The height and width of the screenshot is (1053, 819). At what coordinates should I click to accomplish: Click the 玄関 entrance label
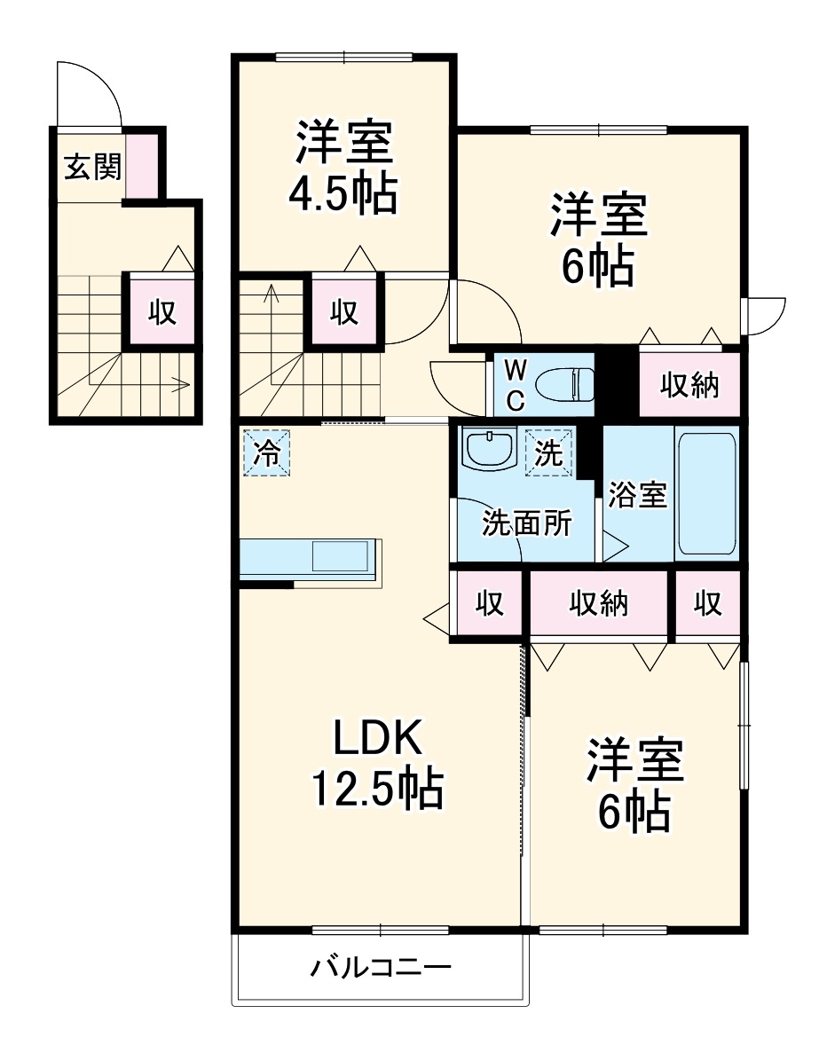click(91, 168)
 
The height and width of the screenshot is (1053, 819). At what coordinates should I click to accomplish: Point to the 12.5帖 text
click(375, 788)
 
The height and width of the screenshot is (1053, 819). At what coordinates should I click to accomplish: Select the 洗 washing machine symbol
click(548, 452)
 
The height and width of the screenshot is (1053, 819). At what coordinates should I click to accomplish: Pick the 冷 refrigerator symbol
click(267, 452)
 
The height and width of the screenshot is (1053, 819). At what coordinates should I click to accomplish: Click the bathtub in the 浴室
click(706, 493)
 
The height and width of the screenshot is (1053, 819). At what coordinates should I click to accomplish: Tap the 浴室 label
click(637, 496)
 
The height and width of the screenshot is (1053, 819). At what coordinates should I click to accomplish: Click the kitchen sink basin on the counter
click(340, 556)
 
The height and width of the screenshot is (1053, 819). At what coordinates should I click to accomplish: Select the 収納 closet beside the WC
click(689, 386)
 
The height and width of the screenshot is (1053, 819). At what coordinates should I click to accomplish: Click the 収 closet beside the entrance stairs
click(161, 311)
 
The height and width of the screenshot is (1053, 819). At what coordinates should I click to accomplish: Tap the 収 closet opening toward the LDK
click(488, 604)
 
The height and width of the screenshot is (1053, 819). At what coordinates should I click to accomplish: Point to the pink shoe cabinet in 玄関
click(142, 165)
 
